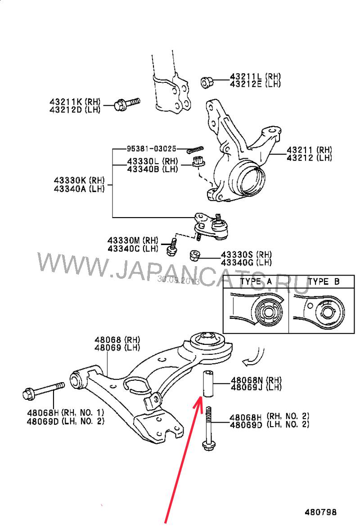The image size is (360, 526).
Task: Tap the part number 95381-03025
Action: coord(151,149)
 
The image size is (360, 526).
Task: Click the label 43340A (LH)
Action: coord(79,189)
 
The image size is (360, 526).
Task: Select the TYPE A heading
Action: coord(256,282)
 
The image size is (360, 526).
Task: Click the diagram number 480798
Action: coord(320,512)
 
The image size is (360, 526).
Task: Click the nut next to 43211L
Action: coord(207,82)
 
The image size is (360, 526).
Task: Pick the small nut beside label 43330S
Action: coord(194,255)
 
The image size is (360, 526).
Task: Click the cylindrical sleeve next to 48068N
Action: coord(208,383)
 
